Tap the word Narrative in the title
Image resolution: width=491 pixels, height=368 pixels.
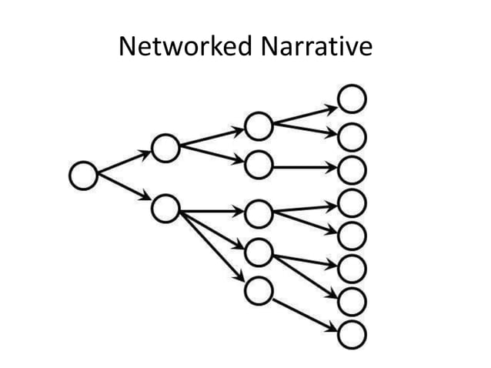(316, 47)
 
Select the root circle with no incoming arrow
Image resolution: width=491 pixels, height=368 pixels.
(82, 176)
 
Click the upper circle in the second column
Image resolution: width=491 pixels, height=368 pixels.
(165, 149)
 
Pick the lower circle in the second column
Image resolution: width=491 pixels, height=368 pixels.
(165, 208)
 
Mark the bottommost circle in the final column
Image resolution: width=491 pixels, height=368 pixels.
(352, 335)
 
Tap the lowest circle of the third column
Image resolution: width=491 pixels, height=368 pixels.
(259, 291)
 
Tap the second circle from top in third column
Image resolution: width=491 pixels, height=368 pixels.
(259, 164)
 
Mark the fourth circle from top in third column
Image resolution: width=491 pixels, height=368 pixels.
(259, 251)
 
